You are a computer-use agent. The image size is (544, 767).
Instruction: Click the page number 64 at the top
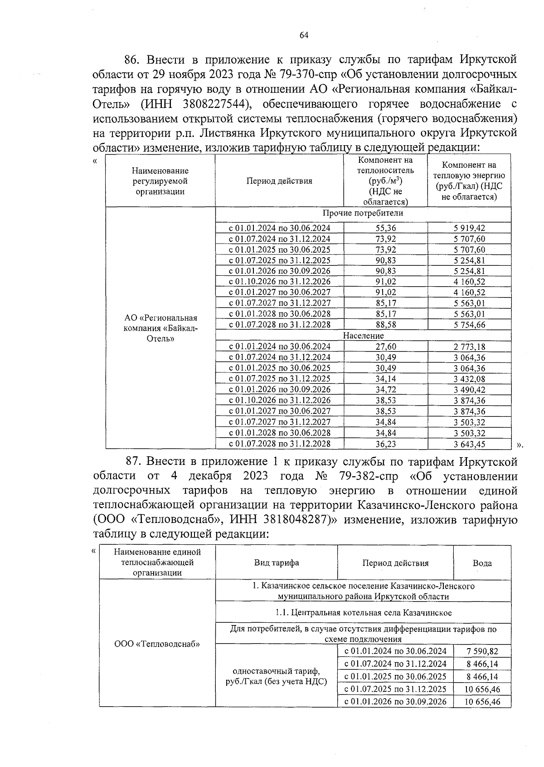click(x=304, y=36)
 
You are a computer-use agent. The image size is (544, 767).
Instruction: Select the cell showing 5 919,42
click(x=469, y=228)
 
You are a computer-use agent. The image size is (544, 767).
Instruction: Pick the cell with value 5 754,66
click(x=469, y=325)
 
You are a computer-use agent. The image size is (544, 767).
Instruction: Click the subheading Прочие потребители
click(x=363, y=213)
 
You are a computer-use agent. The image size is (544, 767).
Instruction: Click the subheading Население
click(x=363, y=336)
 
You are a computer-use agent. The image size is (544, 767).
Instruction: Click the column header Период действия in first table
click(x=279, y=181)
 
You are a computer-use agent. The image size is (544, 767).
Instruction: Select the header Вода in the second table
click(x=482, y=563)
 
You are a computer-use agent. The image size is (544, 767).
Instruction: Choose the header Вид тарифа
click(x=276, y=563)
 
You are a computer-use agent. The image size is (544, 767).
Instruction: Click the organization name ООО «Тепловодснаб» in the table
click(x=157, y=644)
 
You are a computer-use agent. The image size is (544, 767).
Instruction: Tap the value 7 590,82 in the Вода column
click(x=482, y=651)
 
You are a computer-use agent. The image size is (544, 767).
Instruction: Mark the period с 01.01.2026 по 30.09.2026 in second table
click(x=395, y=701)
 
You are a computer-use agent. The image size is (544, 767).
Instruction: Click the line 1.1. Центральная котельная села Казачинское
click(x=363, y=613)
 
